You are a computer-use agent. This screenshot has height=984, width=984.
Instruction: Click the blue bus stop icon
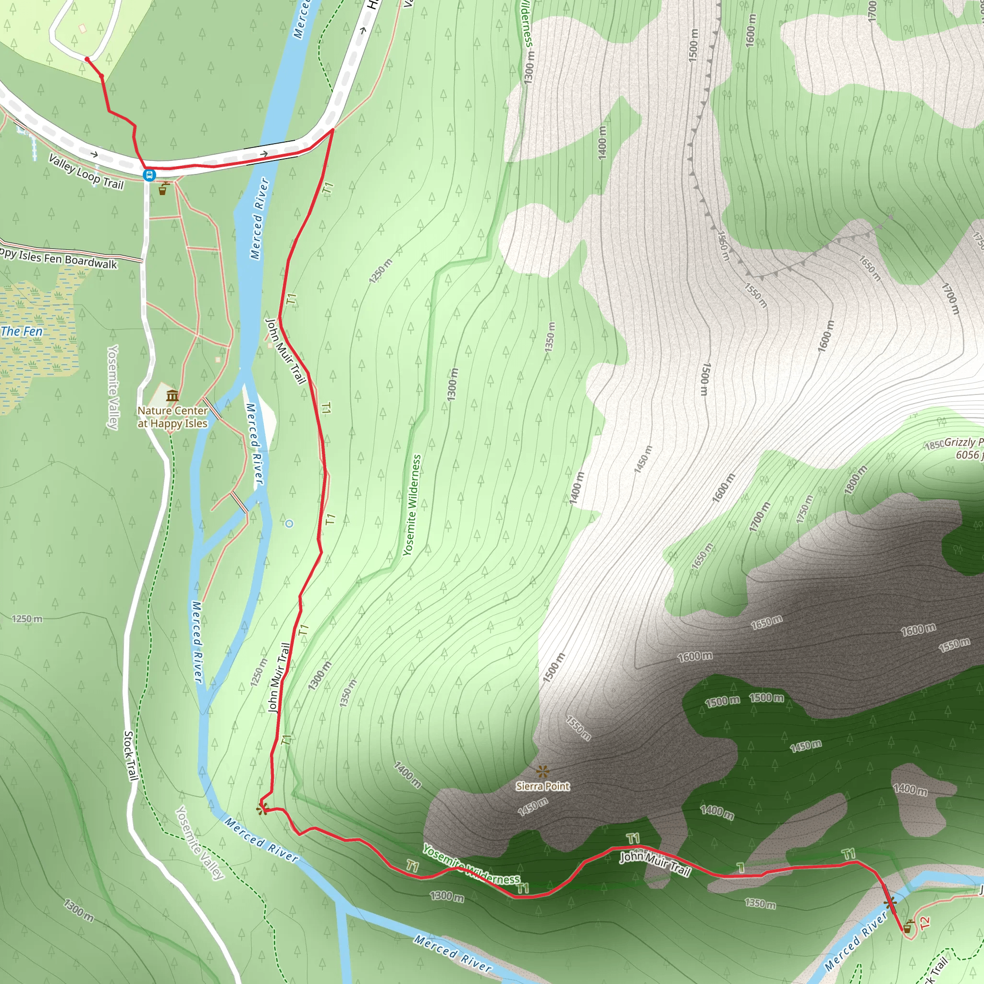pos(149,175)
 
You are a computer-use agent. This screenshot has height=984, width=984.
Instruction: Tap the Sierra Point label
pos(542,787)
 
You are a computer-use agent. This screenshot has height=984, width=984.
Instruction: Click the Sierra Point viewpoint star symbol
pos(543,771)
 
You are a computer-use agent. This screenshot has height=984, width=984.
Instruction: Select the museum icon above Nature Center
pos(172,396)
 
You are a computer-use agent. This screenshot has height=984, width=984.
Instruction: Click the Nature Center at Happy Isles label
pos(172,417)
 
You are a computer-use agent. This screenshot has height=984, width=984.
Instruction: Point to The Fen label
pos(22,332)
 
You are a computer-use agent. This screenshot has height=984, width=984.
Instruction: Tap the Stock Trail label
pos(130,756)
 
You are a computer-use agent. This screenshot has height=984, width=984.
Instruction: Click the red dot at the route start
pos(87,60)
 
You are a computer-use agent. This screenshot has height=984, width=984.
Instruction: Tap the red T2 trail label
pos(925,922)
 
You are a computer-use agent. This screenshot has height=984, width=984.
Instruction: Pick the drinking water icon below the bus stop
pos(163,189)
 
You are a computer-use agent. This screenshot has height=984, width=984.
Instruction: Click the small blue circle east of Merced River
pos(289,524)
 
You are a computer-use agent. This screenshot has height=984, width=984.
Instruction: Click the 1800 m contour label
pos(856,480)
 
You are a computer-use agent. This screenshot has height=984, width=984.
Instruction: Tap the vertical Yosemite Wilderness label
pos(412,505)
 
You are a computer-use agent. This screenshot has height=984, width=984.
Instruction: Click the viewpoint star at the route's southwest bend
pos(262,809)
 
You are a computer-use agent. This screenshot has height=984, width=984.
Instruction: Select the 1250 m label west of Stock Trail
pos(27,619)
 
